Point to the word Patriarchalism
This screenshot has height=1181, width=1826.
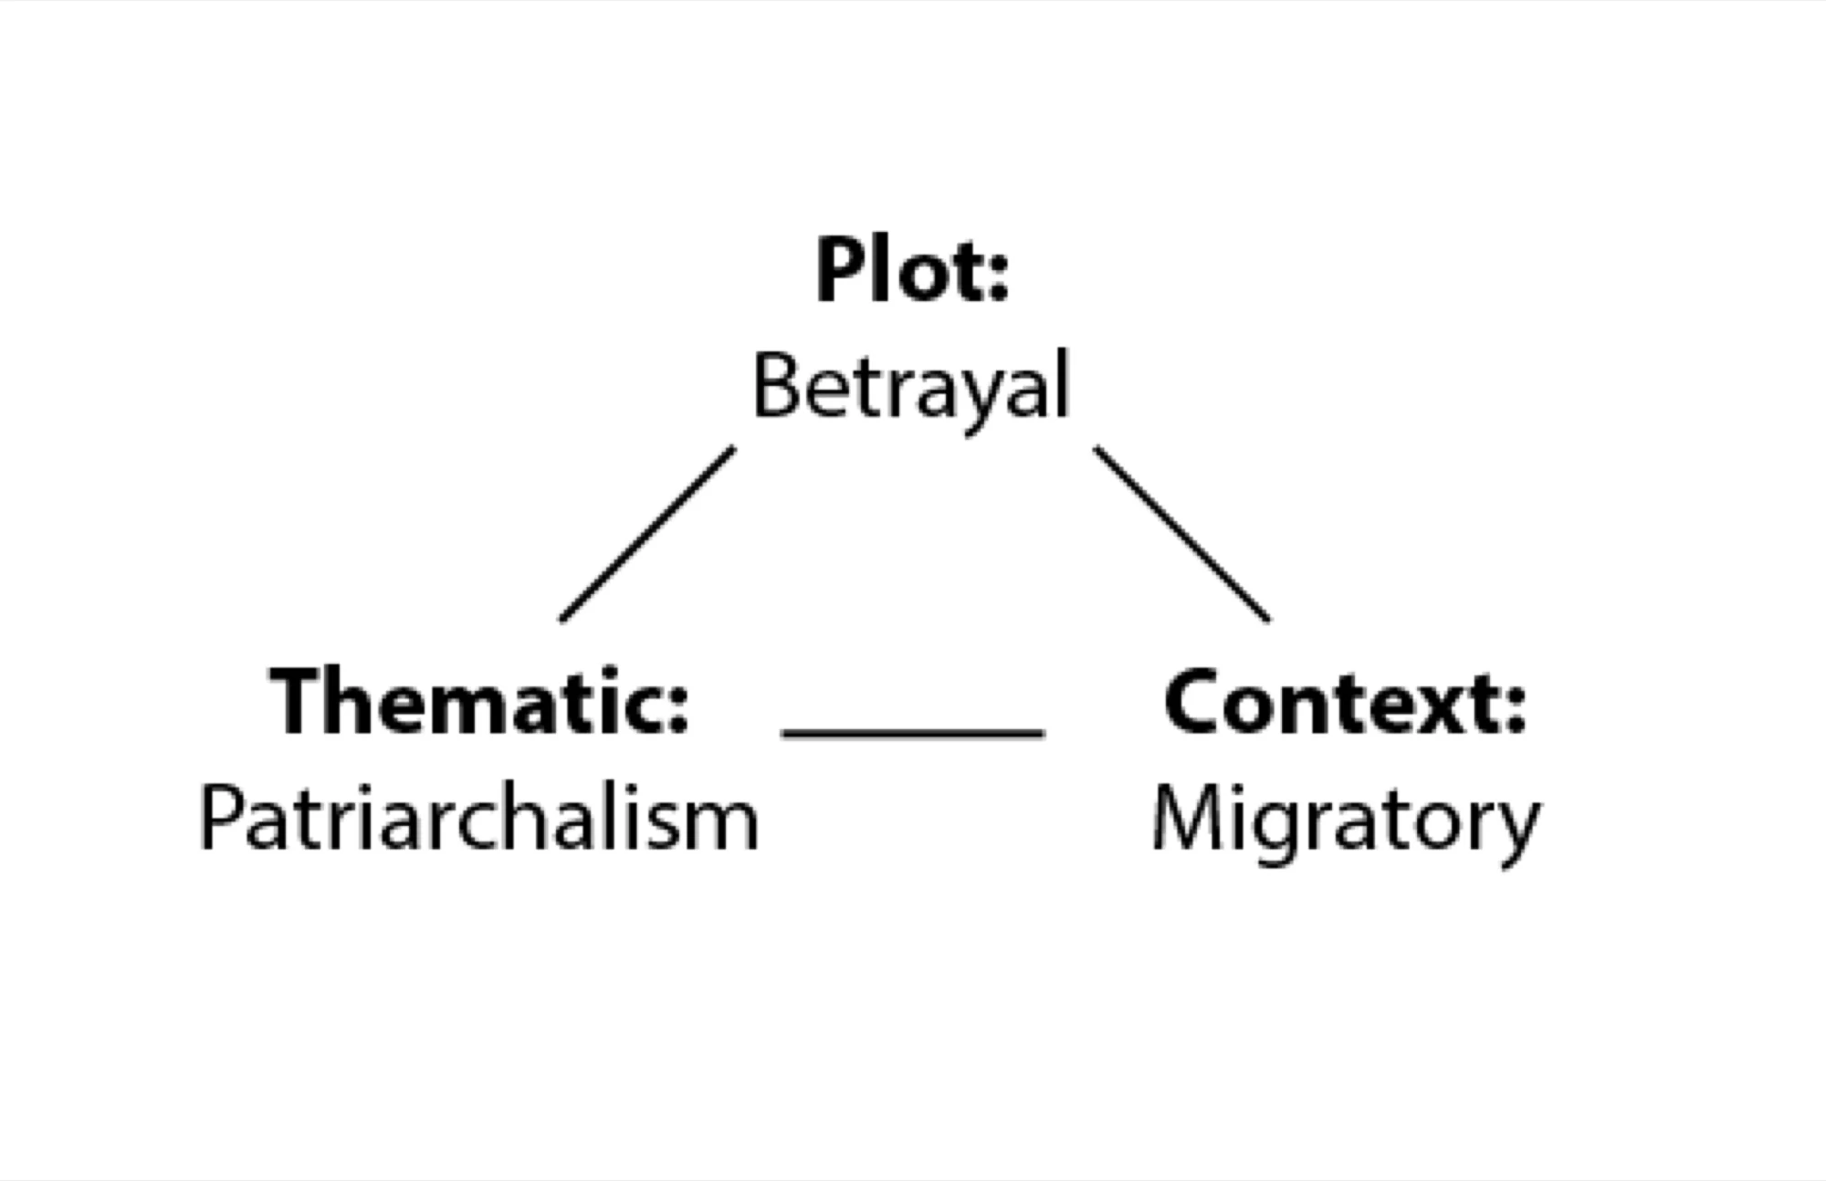tap(479, 818)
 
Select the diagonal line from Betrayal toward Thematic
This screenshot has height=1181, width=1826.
tap(647, 534)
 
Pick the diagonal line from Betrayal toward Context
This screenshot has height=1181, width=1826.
tap(1181, 534)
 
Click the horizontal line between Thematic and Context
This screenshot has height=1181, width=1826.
tap(913, 732)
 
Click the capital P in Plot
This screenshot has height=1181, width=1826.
tap(840, 268)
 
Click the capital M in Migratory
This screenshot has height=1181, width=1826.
tap(1184, 818)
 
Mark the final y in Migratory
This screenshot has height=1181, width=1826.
tap(1515, 832)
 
